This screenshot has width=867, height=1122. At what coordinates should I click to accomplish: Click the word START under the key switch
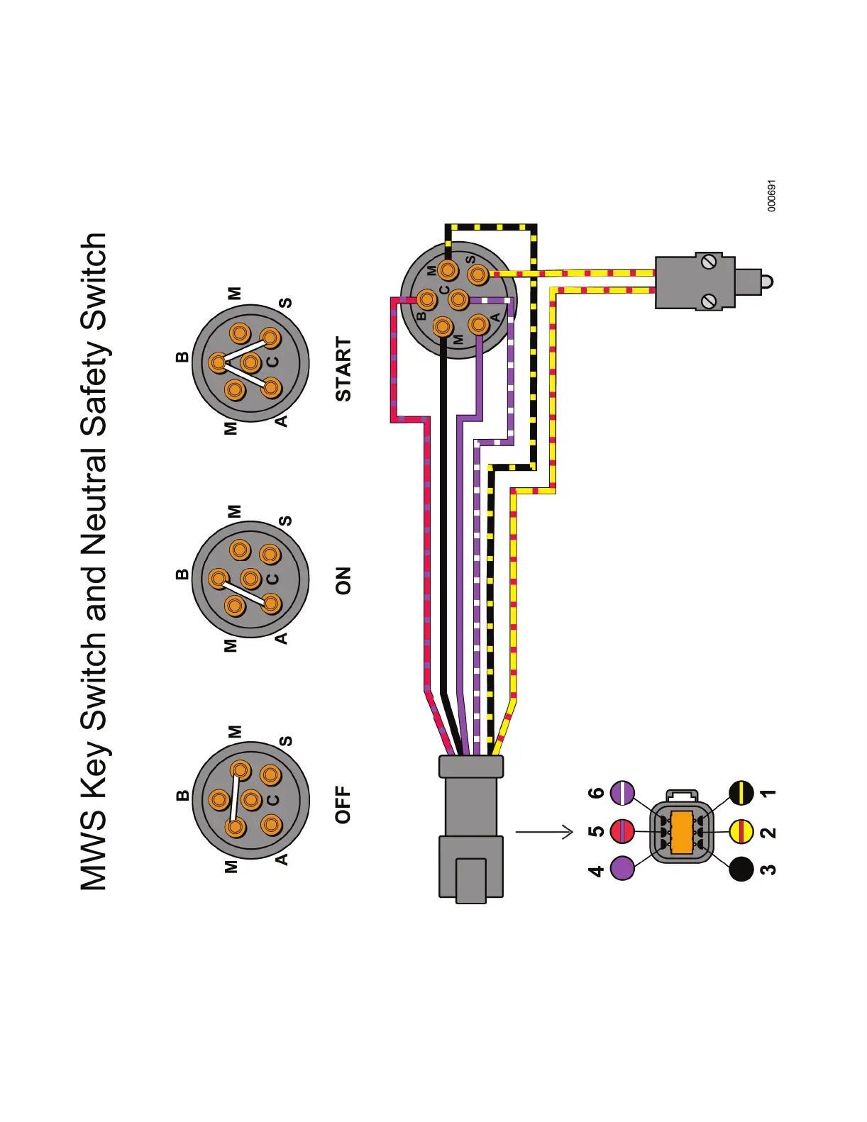coord(343,369)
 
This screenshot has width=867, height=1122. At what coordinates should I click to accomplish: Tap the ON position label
coord(343,580)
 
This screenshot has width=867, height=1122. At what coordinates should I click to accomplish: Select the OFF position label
coord(343,804)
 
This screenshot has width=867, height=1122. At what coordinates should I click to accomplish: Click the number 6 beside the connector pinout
coord(597,792)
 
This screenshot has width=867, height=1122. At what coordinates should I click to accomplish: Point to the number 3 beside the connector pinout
coord(768,869)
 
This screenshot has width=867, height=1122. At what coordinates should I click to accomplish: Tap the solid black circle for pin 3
coord(741,869)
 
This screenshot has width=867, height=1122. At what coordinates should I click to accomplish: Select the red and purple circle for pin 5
coord(622,831)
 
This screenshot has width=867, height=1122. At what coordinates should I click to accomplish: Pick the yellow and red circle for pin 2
coord(741,831)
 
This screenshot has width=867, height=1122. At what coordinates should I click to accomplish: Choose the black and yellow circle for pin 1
coord(741,793)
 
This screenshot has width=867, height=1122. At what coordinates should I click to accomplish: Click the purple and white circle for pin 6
coord(622,792)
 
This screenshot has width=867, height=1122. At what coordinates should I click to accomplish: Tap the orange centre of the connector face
coord(681,832)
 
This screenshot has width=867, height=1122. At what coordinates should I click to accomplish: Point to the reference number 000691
coord(772,196)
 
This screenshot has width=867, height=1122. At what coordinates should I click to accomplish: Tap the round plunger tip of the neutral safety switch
coord(766,282)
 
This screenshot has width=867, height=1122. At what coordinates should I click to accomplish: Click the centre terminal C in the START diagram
coord(250,363)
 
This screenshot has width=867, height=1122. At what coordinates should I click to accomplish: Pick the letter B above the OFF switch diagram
coord(183,796)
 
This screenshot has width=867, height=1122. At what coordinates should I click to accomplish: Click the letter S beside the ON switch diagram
coord(285,521)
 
